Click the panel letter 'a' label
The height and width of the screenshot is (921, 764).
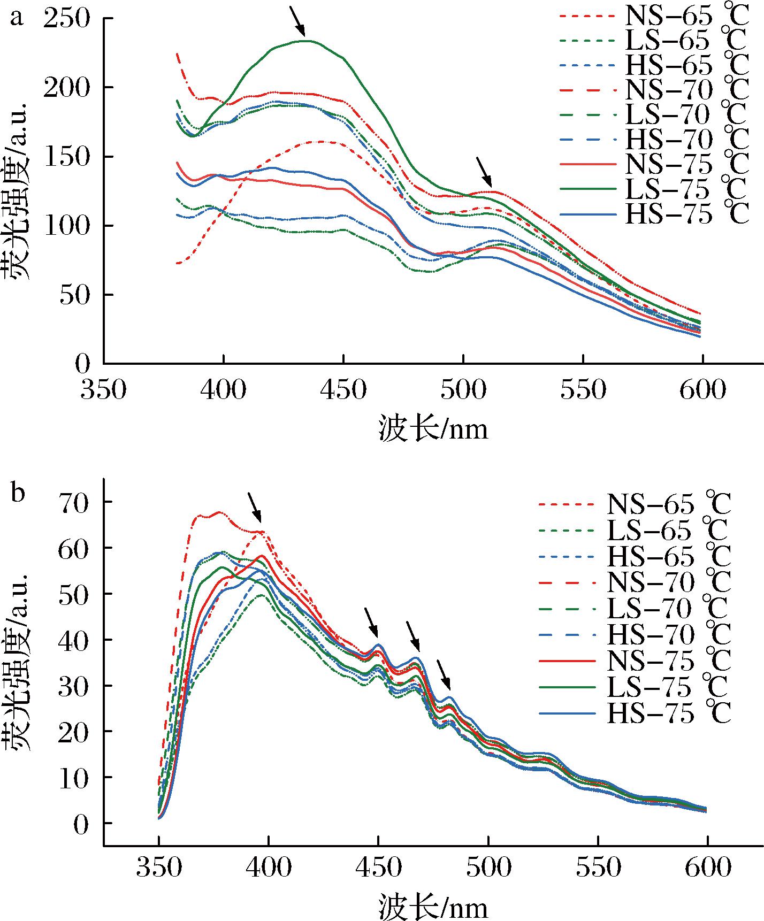coord(18,18)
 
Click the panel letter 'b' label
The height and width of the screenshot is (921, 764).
coord(18,493)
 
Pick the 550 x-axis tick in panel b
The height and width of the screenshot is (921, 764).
coord(599,868)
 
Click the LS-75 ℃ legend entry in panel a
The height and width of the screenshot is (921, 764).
coord(653,189)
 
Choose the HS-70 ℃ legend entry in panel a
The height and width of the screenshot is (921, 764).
coord(653,140)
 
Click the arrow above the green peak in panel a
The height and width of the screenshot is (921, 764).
coord(297,21)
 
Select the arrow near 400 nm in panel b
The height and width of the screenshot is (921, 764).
coord(255,508)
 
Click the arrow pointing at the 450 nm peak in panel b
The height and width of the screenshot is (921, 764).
coord(371,622)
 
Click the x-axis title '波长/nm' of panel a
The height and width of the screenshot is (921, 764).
coord(433,428)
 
